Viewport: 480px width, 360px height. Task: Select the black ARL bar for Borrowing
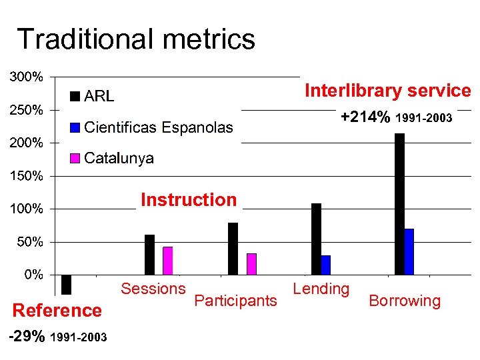click(399, 203)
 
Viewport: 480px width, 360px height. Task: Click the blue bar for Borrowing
click(409, 251)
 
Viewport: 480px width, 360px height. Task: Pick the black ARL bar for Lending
click(316, 239)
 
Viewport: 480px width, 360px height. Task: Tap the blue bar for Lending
click(326, 265)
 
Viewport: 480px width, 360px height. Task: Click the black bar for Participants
click(233, 248)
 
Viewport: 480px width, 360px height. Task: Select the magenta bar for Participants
click(251, 263)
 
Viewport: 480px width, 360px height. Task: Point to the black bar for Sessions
click(149, 254)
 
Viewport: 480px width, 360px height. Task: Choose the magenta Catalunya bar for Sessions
click(168, 260)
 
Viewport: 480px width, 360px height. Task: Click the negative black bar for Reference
click(66, 284)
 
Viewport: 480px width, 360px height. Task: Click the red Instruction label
click(189, 199)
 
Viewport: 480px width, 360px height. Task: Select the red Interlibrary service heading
click(387, 91)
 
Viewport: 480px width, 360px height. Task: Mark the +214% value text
click(365, 117)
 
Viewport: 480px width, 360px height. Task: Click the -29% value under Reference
click(27, 337)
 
